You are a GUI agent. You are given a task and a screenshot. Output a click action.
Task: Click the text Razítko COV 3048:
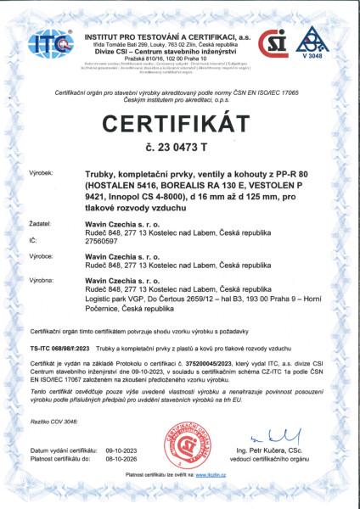click(53, 421)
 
